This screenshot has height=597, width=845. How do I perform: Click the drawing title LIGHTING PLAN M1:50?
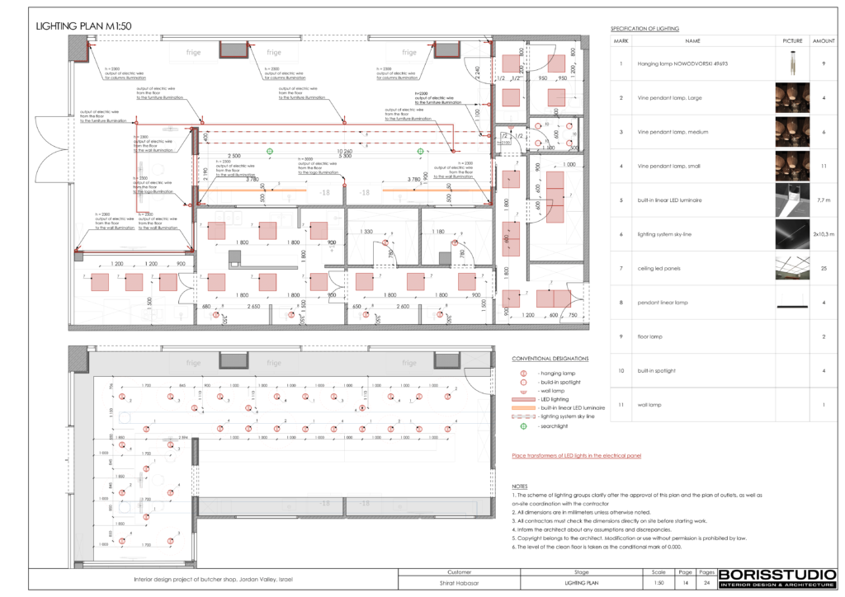84,26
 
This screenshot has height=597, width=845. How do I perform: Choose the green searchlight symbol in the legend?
522,426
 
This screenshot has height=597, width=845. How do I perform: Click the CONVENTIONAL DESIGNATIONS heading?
550,359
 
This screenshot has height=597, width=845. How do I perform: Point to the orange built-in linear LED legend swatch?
523,408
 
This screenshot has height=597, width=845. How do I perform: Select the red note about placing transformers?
576,455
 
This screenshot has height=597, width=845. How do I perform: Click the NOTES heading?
520,487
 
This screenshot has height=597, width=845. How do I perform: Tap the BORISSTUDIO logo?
769,579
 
